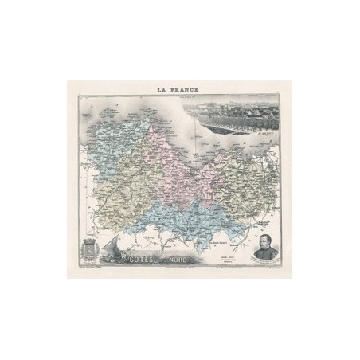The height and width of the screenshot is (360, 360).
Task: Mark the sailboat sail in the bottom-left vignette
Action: pos(112,243)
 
